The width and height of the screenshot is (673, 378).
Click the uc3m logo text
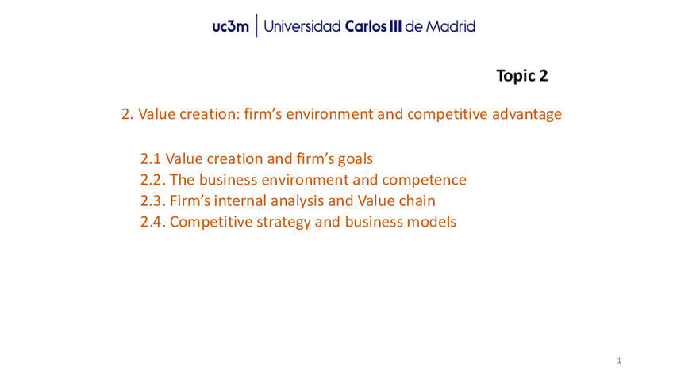[230, 27]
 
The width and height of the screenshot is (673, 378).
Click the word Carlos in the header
[366, 27]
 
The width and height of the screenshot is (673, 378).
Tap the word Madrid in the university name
[451, 27]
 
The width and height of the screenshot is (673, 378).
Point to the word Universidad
[302, 27]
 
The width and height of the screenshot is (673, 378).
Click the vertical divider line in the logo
[256, 25]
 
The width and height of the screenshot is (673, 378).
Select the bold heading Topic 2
[522, 76]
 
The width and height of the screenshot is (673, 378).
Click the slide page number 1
[619, 361]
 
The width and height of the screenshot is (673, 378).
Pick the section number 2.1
[150, 159]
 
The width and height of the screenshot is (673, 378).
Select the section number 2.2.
[153, 180]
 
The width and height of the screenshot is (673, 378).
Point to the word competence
[424, 180]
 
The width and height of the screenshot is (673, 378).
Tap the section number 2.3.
[153, 201]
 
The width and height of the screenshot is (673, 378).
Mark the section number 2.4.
[153, 222]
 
